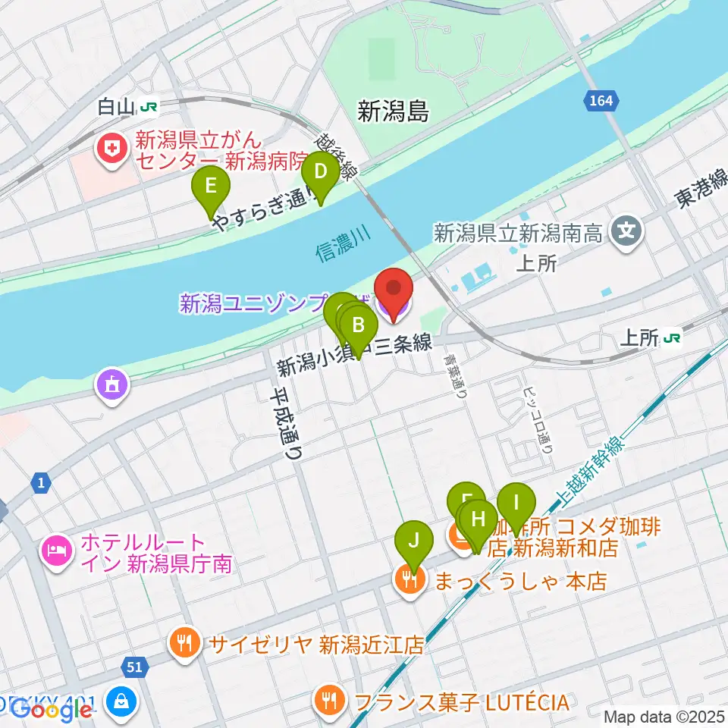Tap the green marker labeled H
(478, 521)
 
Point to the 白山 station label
(116, 108)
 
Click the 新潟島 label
(393, 112)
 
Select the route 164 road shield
(601, 100)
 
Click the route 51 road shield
(134, 667)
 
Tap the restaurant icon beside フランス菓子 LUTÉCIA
(328, 698)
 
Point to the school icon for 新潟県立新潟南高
(627, 231)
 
